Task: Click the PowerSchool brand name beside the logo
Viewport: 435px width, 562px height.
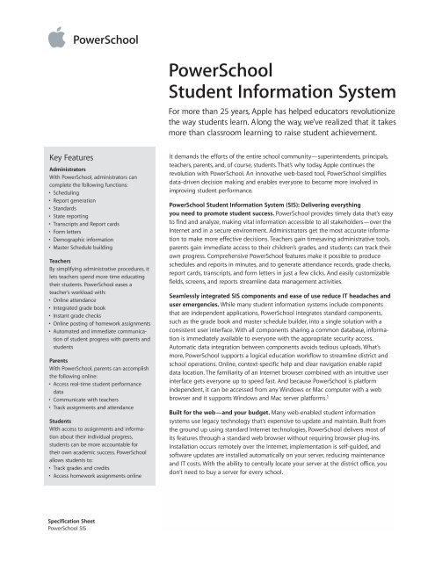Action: pyautogui.click(x=108, y=40)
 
